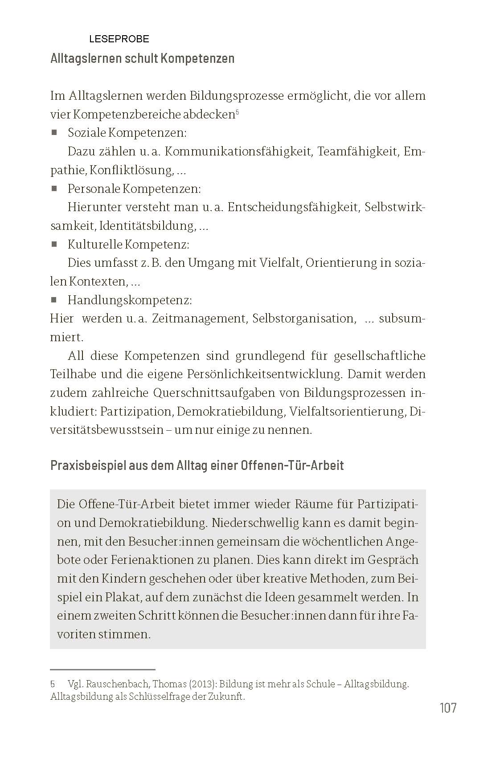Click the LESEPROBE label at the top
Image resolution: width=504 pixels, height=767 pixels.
click(x=119, y=39)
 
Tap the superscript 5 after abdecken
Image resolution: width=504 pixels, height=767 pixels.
click(x=238, y=112)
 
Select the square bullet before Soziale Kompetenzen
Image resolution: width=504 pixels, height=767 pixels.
click(x=54, y=132)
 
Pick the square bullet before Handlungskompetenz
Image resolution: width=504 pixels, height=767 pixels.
click(x=54, y=300)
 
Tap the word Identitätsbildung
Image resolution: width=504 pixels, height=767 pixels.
click(x=147, y=226)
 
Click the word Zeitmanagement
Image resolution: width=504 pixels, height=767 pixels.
click(x=199, y=318)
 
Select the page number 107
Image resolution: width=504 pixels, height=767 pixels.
click(x=448, y=708)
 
